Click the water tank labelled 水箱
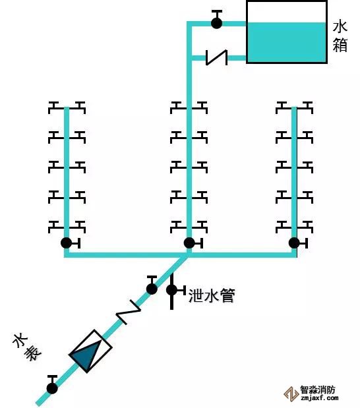click(x=287, y=32)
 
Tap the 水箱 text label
click(x=340, y=36)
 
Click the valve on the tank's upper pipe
click(x=216, y=20)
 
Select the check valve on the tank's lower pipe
click(x=216, y=57)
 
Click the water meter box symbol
click(x=90, y=351)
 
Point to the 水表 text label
click(x=27, y=346)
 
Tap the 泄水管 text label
click(x=212, y=295)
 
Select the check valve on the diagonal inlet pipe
click(x=129, y=312)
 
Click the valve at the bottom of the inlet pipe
click(x=52, y=384)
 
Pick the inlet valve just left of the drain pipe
click(x=152, y=285)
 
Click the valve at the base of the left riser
click(x=70, y=243)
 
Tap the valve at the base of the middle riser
click(x=193, y=243)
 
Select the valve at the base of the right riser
click(x=298, y=243)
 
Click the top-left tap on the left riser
click(x=55, y=107)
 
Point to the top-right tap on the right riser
click(x=305, y=107)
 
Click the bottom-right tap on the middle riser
click(x=200, y=226)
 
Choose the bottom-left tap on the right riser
click(x=284, y=226)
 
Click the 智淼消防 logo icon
click(x=291, y=394)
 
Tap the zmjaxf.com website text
click(x=319, y=398)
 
